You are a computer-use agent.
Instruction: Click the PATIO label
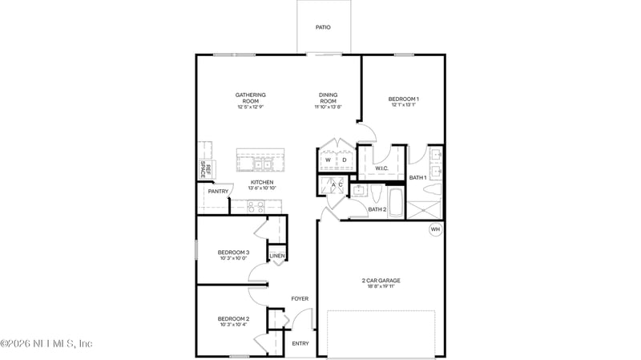coord(322,27)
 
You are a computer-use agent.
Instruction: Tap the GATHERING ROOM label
coord(250,98)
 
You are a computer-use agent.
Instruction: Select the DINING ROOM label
coord(328,98)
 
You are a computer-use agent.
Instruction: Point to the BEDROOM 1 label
coord(404,99)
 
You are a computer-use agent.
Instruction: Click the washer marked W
coord(328,160)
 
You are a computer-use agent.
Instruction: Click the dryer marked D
coord(344,160)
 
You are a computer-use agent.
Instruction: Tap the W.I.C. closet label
coord(381,168)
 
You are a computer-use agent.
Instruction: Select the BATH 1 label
coord(417,177)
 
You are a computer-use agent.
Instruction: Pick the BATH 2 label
coord(377,210)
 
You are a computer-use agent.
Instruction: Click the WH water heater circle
coord(435,229)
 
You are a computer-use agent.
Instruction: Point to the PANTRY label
coord(218,192)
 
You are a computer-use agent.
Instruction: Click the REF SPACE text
coord(204,170)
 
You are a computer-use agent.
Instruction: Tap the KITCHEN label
coord(262,183)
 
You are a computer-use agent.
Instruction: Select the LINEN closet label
coord(276,257)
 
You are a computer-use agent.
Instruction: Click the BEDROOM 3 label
coord(233,253)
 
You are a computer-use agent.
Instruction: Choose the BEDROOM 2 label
coord(233,319)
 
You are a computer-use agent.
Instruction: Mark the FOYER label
coord(300,298)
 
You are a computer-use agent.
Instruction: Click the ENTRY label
coord(300,343)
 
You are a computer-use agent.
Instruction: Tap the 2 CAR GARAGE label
coord(381,281)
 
